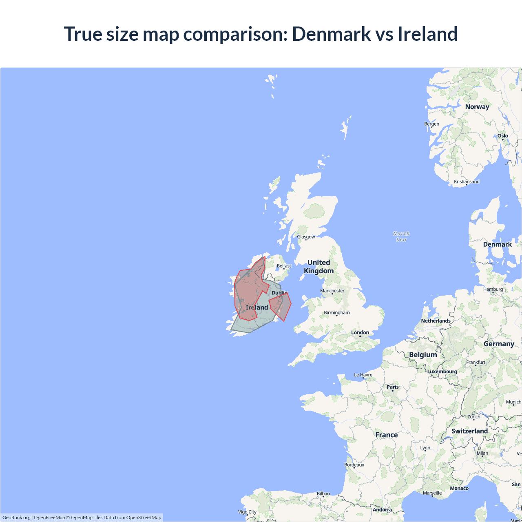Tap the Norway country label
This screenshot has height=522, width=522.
click(477, 107)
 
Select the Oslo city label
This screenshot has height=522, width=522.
click(502, 136)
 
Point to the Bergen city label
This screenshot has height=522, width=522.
click(431, 124)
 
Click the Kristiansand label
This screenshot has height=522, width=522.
click(467, 182)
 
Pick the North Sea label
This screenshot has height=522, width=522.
click(401, 237)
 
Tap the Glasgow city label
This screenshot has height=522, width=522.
click(306, 237)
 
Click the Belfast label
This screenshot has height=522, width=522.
click(284, 266)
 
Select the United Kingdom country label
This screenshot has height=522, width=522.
click(319, 267)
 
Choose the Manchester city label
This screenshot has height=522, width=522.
click(332, 291)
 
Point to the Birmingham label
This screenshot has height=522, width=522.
click(336, 313)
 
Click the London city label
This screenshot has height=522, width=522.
click(360, 333)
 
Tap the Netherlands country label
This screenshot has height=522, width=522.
click(436, 321)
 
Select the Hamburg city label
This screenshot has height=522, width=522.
click(493, 290)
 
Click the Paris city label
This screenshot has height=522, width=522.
click(393, 387)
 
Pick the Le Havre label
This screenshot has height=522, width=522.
click(363, 375)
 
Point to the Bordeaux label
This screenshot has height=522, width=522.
click(354, 465)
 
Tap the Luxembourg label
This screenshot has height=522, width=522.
click(442, 372)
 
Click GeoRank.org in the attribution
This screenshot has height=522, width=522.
click(16, 518)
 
